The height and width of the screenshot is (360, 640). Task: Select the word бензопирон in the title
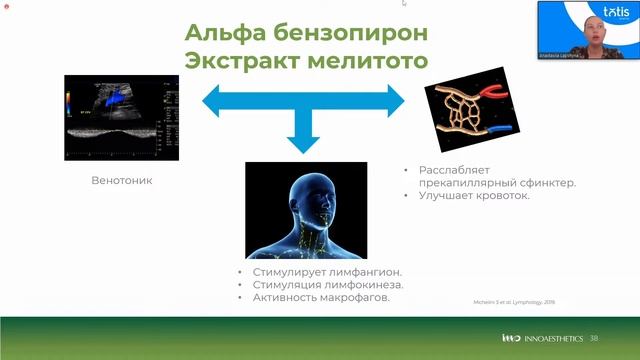tap(354, 32)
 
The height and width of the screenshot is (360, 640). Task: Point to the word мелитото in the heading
tap(369, 61)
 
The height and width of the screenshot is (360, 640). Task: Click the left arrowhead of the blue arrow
tap(213, 99)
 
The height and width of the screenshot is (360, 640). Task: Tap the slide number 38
tap(594, 338)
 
